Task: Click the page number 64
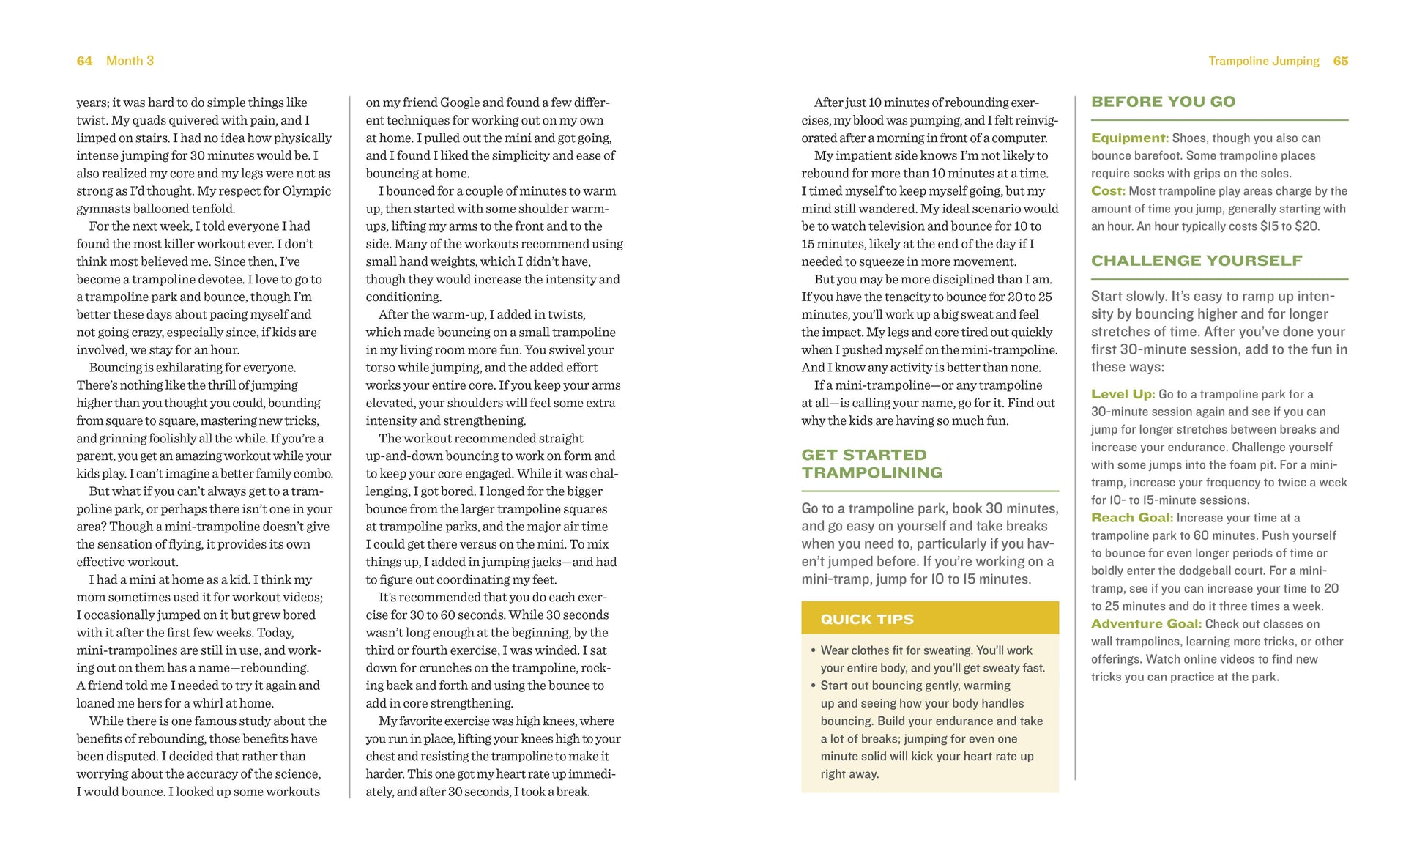tap(84, 61)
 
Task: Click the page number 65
tap(1340, 61)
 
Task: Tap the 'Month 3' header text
tap(130, 61)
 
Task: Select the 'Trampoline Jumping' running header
tap(1263, 61)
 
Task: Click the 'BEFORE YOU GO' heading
tap(1163, 102)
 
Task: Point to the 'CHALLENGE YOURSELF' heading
tap(1197, 261)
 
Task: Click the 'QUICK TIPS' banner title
tap(867, 619)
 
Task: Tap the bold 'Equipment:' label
tap(1129, 138)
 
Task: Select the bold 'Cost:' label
tap(1107, 191)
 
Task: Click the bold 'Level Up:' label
tap(1123, 394)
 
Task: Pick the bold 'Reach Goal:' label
tap(1131, 518)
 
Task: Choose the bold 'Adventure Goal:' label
tap(1146, 624)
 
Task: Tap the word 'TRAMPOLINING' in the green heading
tap(871, 473)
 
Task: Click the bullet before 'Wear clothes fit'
tap(813, 650)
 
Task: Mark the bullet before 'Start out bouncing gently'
tap(813, 686)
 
